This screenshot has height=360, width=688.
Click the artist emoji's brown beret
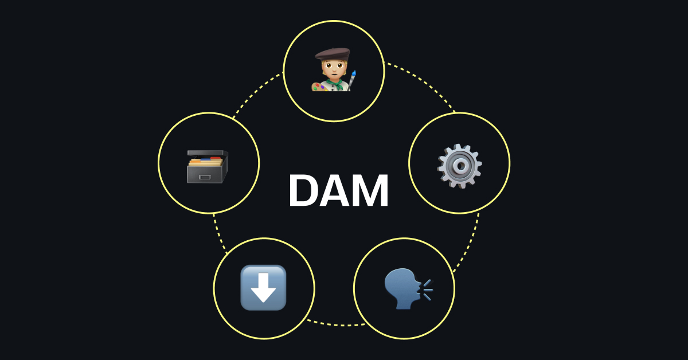pos(333,54)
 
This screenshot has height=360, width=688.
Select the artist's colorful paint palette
pos(319,87)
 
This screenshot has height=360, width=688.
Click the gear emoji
pos(459,166)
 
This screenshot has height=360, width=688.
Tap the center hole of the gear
pos(460,166)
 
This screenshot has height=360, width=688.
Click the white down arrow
pos(263,287)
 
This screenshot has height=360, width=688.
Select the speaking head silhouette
pos(402,289)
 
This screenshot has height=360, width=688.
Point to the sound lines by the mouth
pos(427,289)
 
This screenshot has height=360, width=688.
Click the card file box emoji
pos(208,166)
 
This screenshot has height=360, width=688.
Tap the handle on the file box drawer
pos(205,177)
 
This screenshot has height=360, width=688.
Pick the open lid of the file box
pos(208,153)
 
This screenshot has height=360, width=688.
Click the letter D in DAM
pos(303,190)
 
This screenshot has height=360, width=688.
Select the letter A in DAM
pos(336,190)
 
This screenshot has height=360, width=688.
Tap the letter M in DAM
pos(372,190)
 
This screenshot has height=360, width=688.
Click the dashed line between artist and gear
pos(423,83)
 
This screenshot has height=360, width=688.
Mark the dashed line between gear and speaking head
pos(468,243)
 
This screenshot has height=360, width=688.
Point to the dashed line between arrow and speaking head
pos(336,324)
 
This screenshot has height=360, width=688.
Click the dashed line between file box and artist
pos(256,93)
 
